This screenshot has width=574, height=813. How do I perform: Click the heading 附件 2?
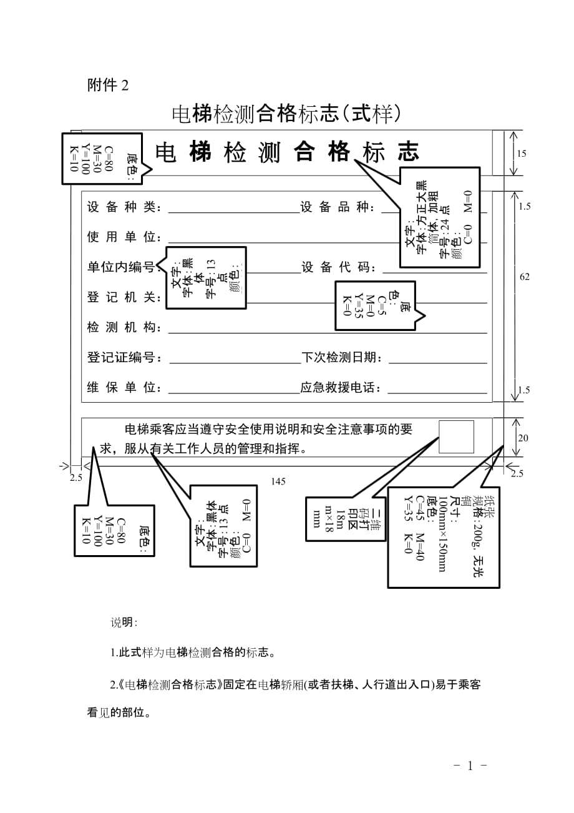pos(108,86)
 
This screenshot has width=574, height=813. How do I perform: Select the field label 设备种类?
pos(125,208)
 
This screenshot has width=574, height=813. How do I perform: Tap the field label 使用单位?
pos(125,238)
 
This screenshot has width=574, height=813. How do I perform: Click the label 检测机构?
pos(125,328)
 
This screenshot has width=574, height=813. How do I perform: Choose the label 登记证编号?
pos(125,358)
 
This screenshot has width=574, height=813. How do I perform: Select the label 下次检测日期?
pos(341,358)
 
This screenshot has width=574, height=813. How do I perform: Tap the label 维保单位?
pos(125,388)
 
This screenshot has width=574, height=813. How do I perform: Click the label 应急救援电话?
pos(341,388)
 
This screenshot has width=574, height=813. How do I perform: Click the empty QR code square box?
pos(456,437)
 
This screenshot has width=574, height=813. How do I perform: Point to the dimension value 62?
pos(525,277)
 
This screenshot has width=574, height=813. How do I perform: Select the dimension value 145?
pos(279,481)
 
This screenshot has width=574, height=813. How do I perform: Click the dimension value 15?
pos(522,154)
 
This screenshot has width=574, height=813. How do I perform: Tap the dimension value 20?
pos(523,438)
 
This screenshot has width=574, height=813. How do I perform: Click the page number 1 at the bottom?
pos(470,766)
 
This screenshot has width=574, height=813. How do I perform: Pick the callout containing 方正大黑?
pos(439,217)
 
